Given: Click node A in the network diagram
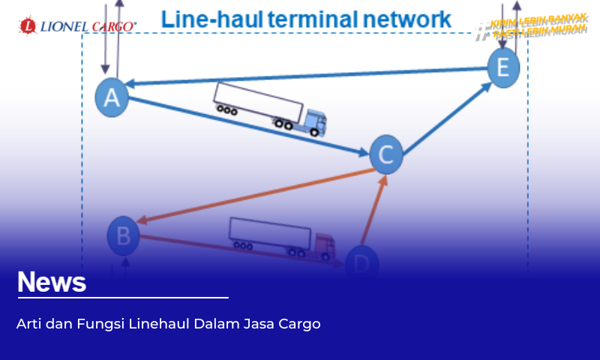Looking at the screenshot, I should point(112,97).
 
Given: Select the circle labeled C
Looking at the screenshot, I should point(386,154).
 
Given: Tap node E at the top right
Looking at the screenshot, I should point(503,68).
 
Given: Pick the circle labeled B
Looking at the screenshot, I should point(124,235).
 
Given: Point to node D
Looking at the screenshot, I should point(362,263).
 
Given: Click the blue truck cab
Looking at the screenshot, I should point(315,123).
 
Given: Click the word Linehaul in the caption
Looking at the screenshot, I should point(158,324).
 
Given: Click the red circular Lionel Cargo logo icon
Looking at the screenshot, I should point(28,26).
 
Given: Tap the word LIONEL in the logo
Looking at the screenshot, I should point(63,26).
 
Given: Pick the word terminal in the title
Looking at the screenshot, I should point(304,19).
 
